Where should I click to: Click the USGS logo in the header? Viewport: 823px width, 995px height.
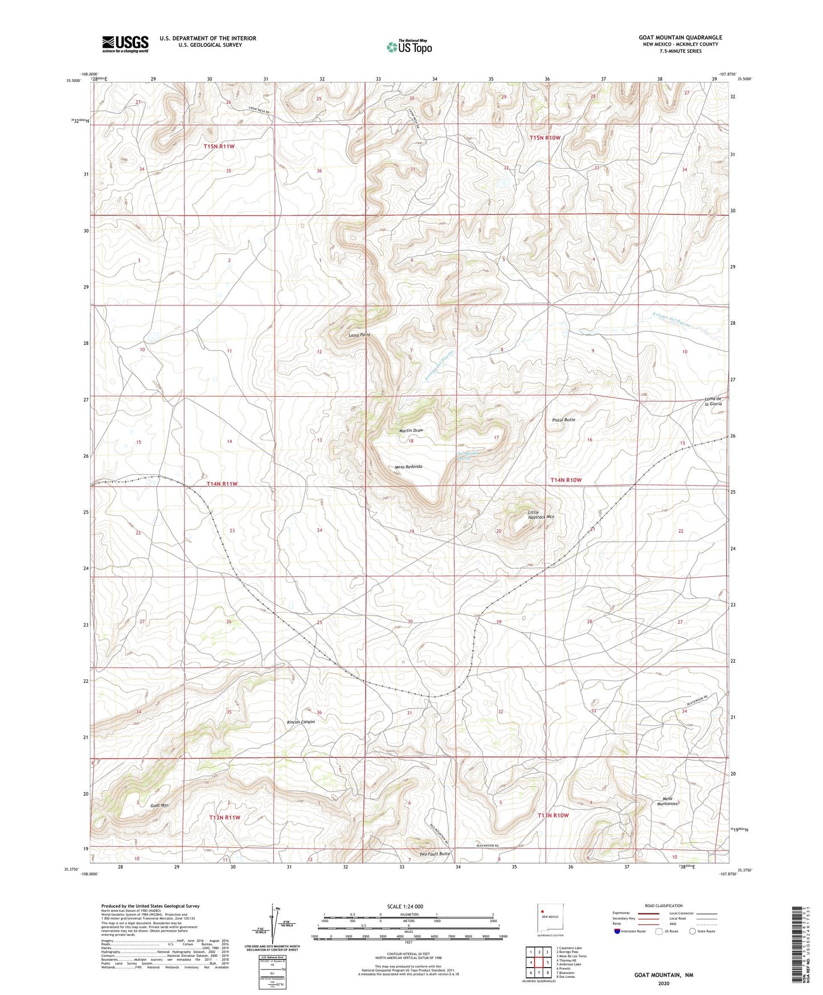(125, 44)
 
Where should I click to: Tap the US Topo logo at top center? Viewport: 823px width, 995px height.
(409, 47)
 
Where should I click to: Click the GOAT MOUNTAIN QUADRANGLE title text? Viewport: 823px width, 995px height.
(680, 38)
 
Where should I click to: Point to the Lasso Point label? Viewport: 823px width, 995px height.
(359, 335)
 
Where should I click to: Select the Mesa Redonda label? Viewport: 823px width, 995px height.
(408, 467)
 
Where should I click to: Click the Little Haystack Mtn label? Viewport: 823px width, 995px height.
(541, 515)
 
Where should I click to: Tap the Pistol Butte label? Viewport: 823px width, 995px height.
(563, 419)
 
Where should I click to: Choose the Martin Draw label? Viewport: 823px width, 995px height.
(411, 430)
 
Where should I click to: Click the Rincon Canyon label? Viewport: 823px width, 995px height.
(301, 722)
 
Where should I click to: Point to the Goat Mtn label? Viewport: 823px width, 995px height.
(159, 805)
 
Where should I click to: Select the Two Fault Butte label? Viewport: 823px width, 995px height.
(435, 854)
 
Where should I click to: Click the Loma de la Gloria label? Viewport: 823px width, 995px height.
(713, 401)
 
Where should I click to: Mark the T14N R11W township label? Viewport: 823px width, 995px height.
(222, 484)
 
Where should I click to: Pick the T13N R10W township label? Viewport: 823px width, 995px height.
(553, 815)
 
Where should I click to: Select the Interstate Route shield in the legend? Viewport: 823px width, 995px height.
(618, 931)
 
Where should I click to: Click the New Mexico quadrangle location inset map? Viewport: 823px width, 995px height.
(550, 921)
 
